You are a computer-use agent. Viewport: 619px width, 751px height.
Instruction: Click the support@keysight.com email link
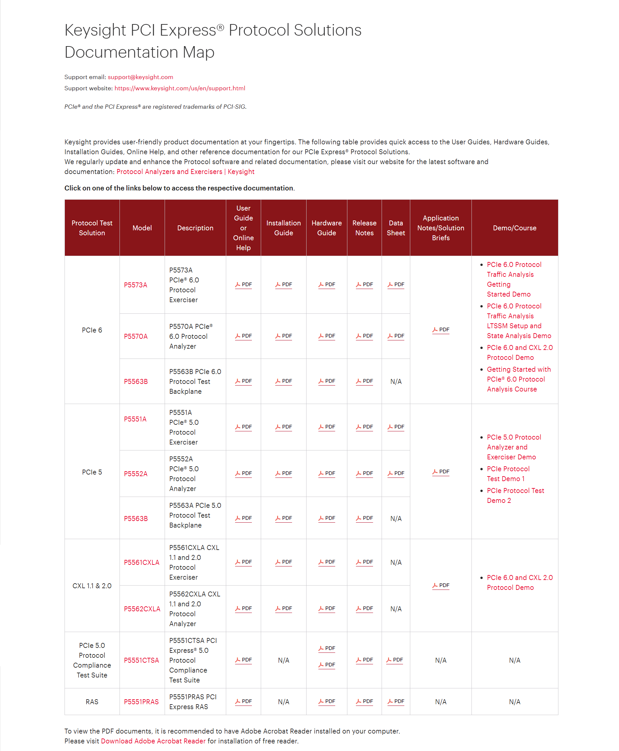coord(140,77)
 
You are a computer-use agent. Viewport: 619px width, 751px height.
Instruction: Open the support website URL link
coord(179,88)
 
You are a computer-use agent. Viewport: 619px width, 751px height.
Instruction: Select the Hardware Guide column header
coord(326,228)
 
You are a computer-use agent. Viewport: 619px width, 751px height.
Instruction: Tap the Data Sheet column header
coord(395,228)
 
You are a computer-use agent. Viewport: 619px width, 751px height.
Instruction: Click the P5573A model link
coord(136,285)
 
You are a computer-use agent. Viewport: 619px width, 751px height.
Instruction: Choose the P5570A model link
coord(136,336)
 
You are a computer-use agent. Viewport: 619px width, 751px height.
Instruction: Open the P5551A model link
coord(135,419)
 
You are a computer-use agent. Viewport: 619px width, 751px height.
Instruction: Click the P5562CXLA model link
coord(142,609)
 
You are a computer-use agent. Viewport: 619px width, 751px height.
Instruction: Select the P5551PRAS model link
coord(141,702)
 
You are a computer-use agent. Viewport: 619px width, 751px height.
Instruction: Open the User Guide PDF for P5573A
coord(244,284)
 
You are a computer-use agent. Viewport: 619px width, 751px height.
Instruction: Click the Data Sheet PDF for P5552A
coord(396,473)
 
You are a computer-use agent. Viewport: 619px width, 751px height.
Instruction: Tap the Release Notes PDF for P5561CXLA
coord(364,562)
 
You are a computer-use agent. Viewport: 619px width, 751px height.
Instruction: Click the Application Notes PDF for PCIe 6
coord(441,329)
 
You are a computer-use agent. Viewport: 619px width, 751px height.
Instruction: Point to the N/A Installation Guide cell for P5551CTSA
coord(283,660)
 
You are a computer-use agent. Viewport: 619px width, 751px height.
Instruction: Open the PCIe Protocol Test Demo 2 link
coord(515,495)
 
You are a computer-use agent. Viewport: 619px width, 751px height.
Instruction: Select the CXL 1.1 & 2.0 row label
coord(92,586)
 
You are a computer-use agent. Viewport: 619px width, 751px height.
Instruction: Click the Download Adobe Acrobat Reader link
coord(153,741)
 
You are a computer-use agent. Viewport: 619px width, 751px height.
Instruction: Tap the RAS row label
coord(92,702)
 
